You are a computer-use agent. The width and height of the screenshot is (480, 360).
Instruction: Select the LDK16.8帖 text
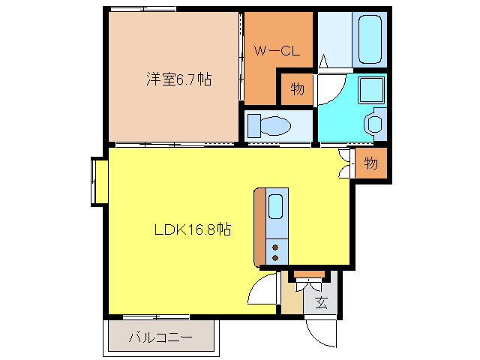(x=192, y=230)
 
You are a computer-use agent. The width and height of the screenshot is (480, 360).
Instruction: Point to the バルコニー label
(x=160, y=337)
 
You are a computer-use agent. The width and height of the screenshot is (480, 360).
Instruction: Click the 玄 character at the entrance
(x=321, y=304)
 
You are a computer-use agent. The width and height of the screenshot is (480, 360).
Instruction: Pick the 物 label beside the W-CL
(x=297, y=90)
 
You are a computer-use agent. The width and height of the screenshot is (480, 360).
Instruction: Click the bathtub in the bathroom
(x=369, y=39)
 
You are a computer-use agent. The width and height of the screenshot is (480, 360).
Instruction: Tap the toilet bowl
(x=275, y=124)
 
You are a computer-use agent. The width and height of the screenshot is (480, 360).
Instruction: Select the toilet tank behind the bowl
(x=253, y=124)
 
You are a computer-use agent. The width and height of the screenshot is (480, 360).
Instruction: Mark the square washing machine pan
(x=370, y=90)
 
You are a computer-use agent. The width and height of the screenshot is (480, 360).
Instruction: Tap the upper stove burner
(x=275, y=245)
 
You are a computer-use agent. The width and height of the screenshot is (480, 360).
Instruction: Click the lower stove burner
(x=275, y=257)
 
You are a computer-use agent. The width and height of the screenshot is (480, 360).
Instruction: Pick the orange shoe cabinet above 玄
(x=309, y=274)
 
